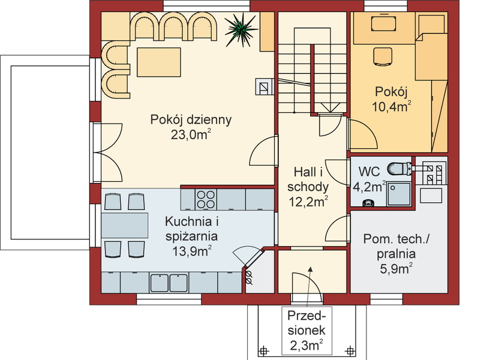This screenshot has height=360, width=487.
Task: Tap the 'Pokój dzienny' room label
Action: [x=191, y=119]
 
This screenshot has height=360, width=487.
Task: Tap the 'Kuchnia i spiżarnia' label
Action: [x=191, y=229]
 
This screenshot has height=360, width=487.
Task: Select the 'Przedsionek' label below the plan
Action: [x=306, y=323]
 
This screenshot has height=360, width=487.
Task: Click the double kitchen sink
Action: [x=170, y=281]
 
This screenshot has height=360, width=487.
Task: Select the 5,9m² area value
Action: [x=396, y=269]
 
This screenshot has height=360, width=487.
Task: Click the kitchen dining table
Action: [x=124, y=224]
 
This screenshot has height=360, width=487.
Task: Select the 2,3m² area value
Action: [x=306, y=346]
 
